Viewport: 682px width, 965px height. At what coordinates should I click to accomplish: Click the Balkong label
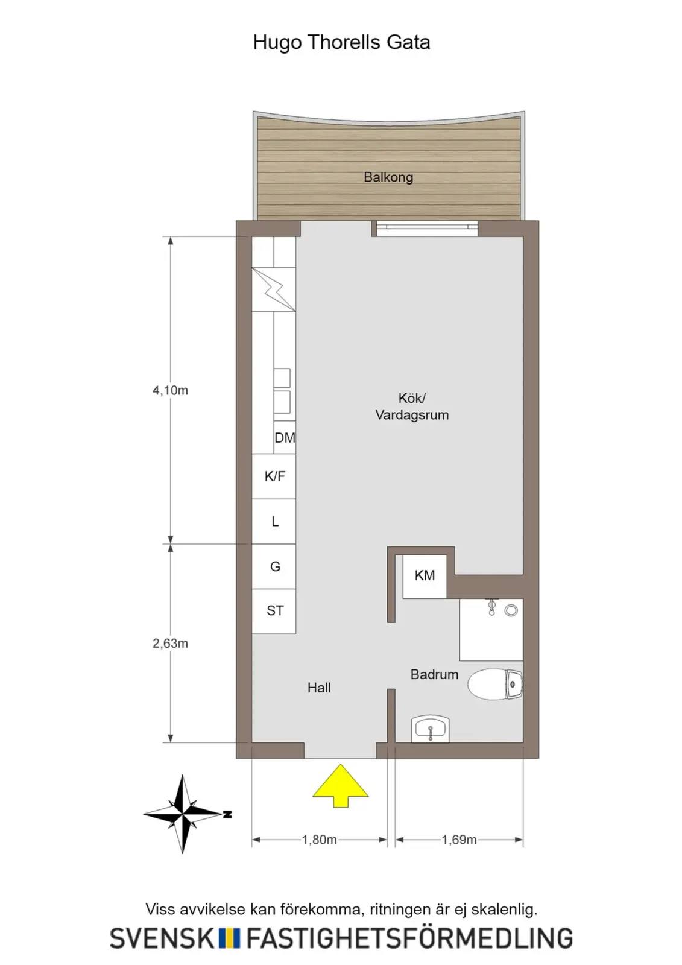(x=388, y=177)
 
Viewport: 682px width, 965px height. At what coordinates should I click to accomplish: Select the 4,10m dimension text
(x=170, y=390)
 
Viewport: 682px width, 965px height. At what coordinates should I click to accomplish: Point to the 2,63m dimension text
(x=170, y=643)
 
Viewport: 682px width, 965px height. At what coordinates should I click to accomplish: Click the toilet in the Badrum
(x=496, y=683)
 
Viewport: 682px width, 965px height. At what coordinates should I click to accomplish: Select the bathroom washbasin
(x=431, y=729)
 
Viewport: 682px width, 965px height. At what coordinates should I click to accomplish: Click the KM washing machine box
(x=425, y=576)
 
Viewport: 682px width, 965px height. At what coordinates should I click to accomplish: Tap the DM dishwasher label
(x=285, y=438)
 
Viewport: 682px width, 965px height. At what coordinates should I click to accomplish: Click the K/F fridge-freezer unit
(x=274, y=476)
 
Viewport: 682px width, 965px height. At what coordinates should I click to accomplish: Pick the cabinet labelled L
(x=274, y=521)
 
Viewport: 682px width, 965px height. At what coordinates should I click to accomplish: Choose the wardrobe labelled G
(x=274, y=566)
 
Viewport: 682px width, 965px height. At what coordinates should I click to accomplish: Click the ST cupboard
(x=274, y=612)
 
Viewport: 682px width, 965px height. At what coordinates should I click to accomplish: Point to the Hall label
(x=319, y=688)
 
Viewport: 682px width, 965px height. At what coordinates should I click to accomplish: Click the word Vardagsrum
(x=412, y=415)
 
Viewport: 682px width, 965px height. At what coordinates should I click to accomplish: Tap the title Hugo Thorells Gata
(x=341, y=43)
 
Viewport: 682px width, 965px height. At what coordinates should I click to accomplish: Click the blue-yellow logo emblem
(x=229, y=937)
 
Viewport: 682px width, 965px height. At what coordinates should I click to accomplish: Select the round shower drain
(x=511, y=610)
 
